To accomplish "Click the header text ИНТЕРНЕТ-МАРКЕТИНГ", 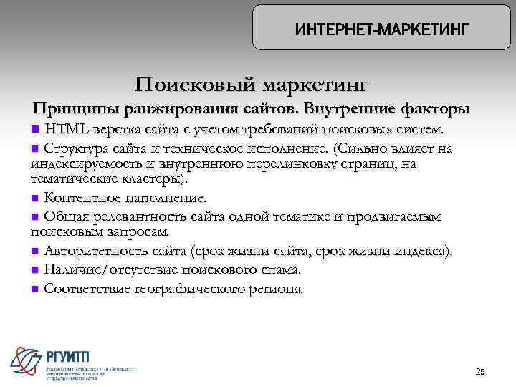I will [381, 29].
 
